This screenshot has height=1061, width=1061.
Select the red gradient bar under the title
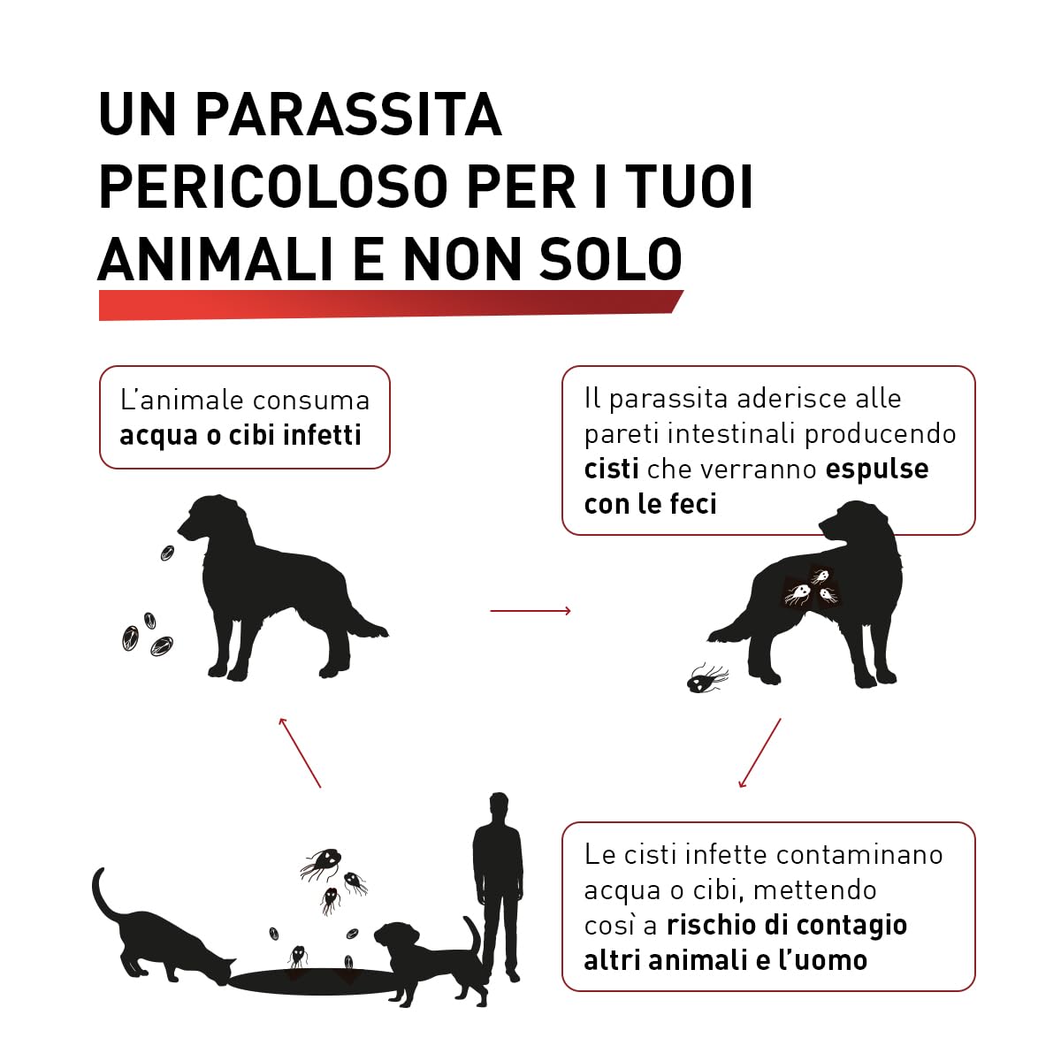coord(389,304)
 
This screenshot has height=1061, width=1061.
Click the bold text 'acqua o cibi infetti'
coord(240,435)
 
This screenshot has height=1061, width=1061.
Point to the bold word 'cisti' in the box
coord(611,469)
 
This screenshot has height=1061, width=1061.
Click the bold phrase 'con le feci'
coord(650,504)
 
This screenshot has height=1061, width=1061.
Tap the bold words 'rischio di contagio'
coord(787,925)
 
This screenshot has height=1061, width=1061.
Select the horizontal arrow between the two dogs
coord(530,610)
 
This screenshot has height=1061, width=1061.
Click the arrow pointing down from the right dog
coord(759,752)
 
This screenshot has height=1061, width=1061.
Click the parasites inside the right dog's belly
coord(812,585)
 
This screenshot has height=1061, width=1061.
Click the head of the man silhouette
coord(499,806)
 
